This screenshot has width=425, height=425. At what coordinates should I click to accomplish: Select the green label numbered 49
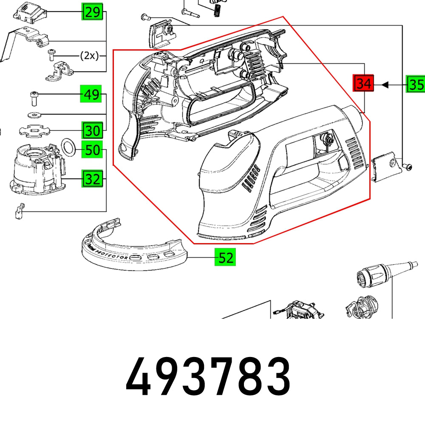tap(91, 94)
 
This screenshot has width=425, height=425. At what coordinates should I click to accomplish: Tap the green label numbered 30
tap(91, 130)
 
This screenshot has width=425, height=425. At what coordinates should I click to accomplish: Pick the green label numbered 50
tap(91, 150)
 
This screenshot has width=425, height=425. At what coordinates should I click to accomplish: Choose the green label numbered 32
tap(91, 179)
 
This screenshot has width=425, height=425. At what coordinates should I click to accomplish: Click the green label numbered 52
tap(225, 258)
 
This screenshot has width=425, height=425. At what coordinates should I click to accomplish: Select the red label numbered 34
tap(363, 84)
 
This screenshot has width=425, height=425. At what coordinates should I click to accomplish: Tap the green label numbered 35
tap(415, 85)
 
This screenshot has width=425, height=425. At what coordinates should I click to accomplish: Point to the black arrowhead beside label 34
tap(385, 85)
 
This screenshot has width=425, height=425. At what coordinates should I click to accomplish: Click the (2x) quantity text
tap(89, 56)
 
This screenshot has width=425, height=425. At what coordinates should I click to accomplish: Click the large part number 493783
tap(208, 376)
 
